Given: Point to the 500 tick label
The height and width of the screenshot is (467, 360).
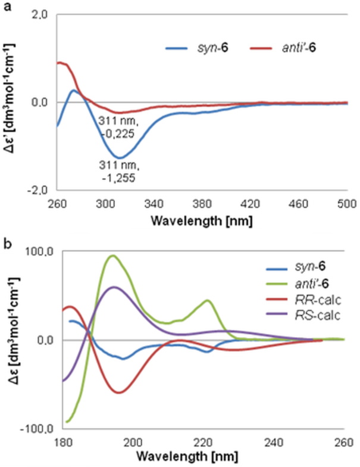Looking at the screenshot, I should [348, 202].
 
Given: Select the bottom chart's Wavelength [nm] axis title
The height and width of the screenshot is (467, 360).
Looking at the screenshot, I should [203, 456].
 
